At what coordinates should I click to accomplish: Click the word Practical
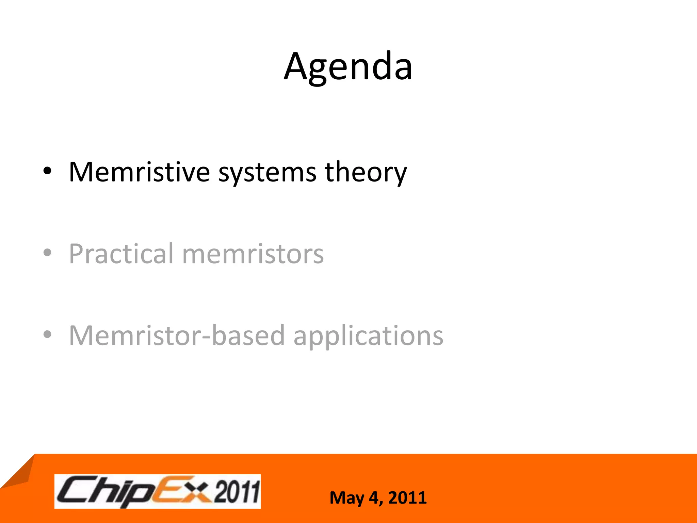click(x=121, y=254)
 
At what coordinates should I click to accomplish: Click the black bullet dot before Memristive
click(x=47, y=171)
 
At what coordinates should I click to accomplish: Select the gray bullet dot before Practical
click(x=47, y=253)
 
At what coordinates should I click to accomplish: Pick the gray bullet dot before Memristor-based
click(x=47, y=334)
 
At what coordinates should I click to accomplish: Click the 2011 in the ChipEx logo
click(x=236, y=491)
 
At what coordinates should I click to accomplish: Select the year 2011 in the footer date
click(x=407, y=498)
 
